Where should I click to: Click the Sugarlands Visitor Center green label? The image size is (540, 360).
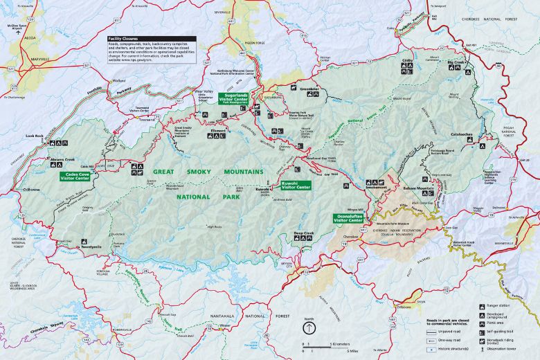tap(234, 98)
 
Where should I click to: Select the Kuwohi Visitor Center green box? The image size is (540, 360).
tap(296, 186)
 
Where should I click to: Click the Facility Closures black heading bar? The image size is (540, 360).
tap(151, 39)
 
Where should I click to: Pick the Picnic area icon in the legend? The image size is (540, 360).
tap(482, 323)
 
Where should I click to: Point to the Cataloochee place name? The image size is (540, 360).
tap(462, 134)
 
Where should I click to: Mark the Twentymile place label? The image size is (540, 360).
tap(91, 246)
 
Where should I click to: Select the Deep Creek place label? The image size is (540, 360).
tap(303, 233)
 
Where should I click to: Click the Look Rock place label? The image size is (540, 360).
tap(35, 136)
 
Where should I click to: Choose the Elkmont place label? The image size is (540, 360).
tap(219, 129)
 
